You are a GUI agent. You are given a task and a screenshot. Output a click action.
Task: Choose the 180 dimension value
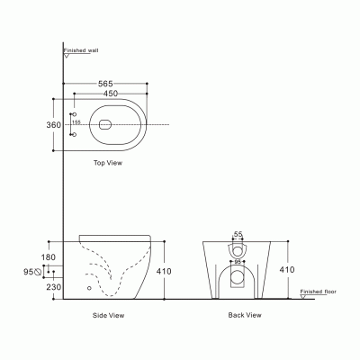coord(49,257)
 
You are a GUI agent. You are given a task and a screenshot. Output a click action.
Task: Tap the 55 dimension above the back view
coord(238,233)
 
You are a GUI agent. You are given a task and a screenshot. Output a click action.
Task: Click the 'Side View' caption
coord(109,316)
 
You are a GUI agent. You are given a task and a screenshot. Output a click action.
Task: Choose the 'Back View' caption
coord(245,316)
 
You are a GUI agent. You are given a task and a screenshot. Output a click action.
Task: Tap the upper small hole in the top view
coord(74,114)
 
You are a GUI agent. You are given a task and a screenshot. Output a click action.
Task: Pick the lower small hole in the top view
coord(74,134)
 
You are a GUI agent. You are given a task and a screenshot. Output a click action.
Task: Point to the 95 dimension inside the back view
coord(238,263)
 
